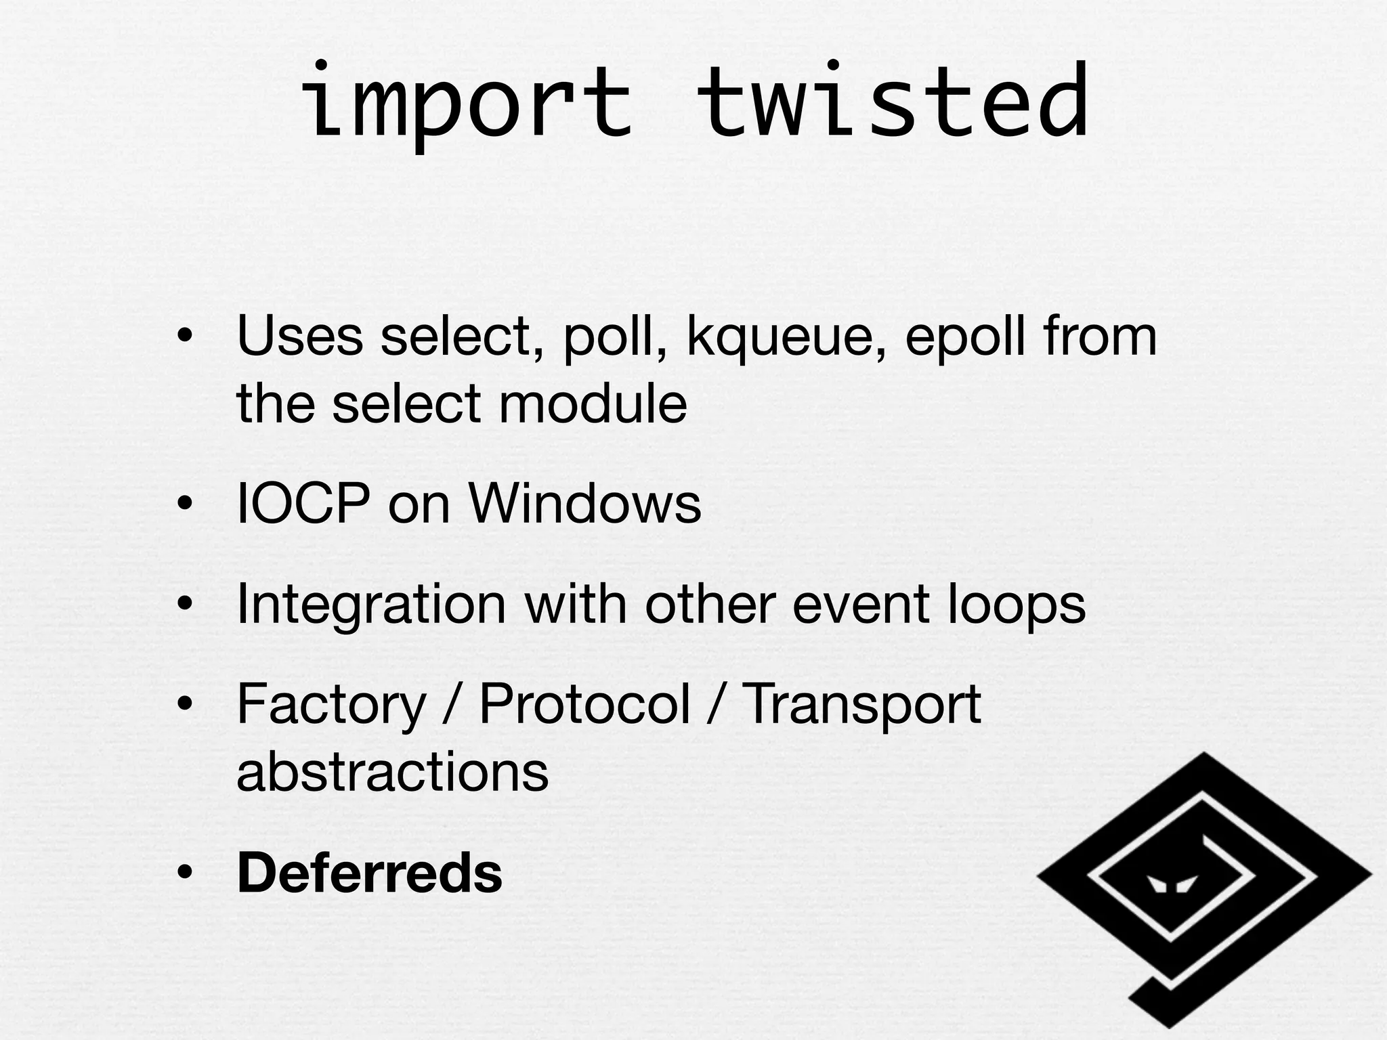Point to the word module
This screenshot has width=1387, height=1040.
click(x=593, y=404)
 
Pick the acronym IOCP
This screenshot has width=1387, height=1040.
click(x=303, y=504)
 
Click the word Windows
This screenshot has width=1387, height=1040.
click(x=584, y=504)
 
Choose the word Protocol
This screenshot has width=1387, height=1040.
click(x=584, y=704)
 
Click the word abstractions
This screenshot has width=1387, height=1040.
click(x=392, y=772)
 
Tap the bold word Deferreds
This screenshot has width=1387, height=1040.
click(x=370, y=873)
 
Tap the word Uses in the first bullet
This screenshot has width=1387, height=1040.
click(x=299, y=337)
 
